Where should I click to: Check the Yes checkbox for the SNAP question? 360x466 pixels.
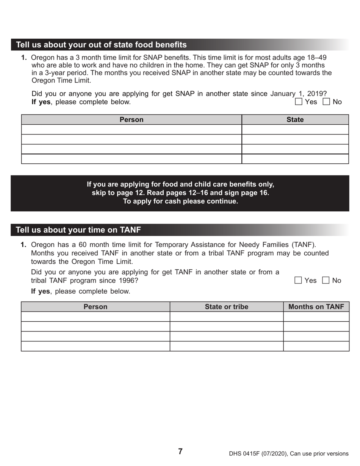(299, 102)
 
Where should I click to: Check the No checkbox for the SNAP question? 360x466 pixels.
(326, 102)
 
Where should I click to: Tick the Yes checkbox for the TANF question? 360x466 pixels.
(298, 280)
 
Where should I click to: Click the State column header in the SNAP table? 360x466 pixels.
(295, 120)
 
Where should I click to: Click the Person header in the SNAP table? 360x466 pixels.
(131, 120)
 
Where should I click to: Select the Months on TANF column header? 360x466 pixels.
(316, 307)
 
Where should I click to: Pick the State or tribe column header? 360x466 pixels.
(227, 307)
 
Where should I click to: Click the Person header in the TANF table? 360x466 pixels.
(95, 307)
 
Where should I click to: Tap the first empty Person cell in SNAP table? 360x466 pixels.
(131, 130)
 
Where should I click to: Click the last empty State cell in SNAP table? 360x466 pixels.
(295, 159)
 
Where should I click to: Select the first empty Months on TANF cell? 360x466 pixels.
(316, 317)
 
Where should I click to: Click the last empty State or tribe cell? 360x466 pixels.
(227, 346)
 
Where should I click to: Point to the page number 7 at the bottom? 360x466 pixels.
(180, 451)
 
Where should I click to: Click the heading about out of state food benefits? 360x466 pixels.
(101, 45)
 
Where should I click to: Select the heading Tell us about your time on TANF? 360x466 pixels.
(78, 230)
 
